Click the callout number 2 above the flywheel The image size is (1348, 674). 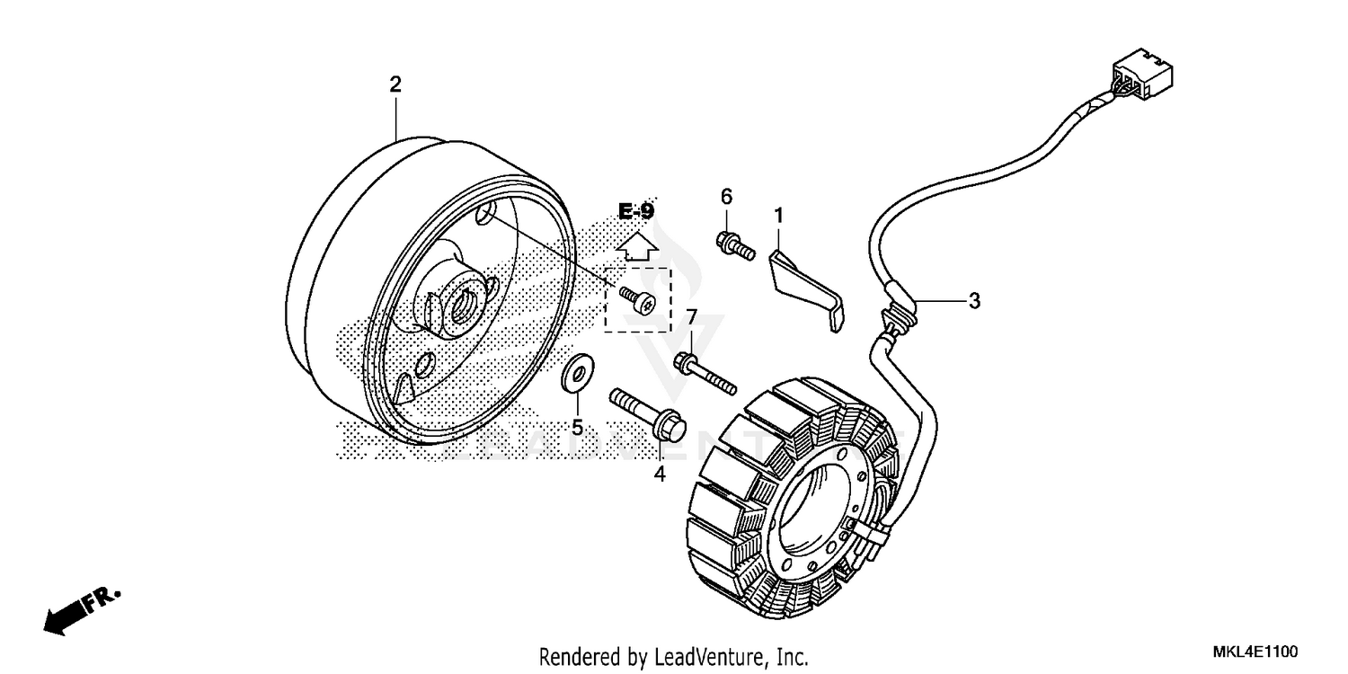[395, 84]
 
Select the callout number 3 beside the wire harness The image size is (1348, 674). [974, 300]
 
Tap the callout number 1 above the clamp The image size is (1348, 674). [779, 216]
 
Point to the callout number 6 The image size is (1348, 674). [727, 197]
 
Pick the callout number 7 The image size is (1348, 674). [691, 317]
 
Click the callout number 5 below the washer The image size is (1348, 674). [577, 427]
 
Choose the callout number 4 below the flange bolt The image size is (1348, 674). [660, 474]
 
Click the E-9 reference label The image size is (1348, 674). [636, 211]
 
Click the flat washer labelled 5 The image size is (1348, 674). [574, 374]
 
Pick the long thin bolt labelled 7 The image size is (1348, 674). [705, 372]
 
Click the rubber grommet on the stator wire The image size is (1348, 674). [900, 311]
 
